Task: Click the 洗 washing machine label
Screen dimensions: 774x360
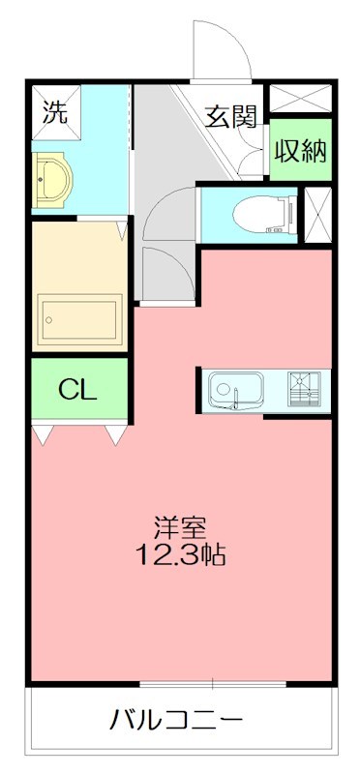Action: coord(55,111)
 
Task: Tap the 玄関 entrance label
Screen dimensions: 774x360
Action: coord(230,116)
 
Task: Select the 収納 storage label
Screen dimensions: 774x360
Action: coord(299,151)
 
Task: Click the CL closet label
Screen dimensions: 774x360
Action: coord(76,390)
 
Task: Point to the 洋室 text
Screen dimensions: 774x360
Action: coord(180,529)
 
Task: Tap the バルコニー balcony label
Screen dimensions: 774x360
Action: coord(176,721)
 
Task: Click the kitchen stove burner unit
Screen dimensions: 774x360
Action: coord(309,390)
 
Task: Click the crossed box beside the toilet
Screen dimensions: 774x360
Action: coord(317,215)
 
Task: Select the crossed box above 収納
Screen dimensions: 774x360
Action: coord(299,99)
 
